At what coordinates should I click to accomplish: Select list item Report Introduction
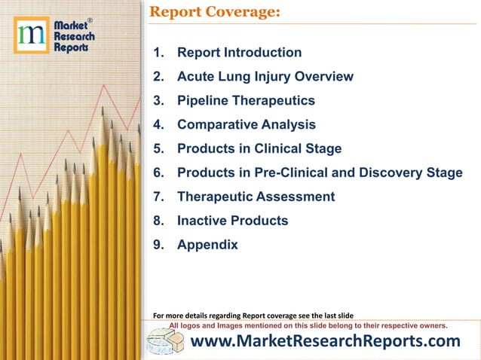[239, 53]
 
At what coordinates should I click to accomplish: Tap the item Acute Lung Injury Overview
[265, 77]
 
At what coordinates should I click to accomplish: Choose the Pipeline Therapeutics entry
[246, 101]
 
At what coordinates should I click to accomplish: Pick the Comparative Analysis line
[246, 125]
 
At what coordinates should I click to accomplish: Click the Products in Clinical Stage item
[259, 149]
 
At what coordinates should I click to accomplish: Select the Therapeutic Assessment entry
[256, 197]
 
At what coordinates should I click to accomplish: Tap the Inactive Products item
[232, 221]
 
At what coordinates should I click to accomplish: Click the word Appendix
[207, 246]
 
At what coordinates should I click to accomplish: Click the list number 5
[158, 149]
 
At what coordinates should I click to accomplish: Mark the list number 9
[158, 246]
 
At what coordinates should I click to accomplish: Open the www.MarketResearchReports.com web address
[326, 342]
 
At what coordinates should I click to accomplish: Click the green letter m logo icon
[31, 35]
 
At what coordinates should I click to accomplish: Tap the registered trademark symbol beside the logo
[90, 20]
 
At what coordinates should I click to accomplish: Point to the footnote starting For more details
[253, 315]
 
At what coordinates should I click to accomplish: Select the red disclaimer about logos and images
[308, 326]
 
